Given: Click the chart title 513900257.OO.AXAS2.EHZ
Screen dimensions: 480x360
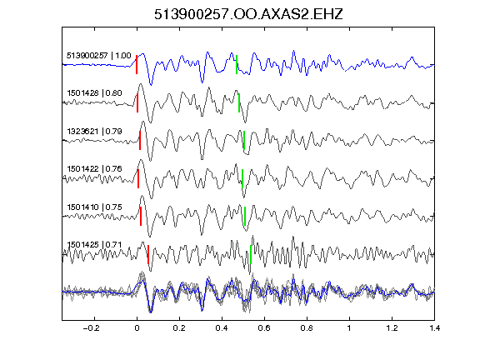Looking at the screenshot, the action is [248, 14].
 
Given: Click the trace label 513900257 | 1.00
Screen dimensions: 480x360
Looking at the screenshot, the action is [99, 55].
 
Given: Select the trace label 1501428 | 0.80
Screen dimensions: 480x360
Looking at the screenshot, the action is [95, 92].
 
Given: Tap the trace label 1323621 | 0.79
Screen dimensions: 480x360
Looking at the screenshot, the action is [95, 132].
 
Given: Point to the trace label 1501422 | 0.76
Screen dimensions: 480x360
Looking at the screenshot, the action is [95, 168].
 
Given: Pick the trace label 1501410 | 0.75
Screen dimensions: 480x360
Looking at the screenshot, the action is [95, 207].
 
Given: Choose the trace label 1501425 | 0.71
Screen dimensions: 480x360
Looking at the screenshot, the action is [95, 245].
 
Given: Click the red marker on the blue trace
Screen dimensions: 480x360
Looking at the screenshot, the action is [137, 64].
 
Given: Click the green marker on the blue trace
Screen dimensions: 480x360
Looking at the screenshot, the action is [237, 64].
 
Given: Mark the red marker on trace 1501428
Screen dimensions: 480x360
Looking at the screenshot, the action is [137, 102].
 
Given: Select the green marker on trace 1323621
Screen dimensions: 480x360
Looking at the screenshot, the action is [244, 140].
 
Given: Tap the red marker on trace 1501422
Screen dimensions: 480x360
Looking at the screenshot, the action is [138, 178].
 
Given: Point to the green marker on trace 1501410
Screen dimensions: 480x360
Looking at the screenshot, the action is [245, 216].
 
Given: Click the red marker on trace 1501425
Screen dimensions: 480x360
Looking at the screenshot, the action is [148, 254].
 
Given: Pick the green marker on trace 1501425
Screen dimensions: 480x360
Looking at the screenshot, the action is [251, 254].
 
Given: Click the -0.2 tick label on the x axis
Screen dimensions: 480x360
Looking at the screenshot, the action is [91, 328].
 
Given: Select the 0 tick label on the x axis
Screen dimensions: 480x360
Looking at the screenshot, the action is [137, 328].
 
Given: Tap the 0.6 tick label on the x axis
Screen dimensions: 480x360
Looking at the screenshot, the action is [264, 328].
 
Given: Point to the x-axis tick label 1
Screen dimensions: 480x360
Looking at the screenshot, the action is [349, 328].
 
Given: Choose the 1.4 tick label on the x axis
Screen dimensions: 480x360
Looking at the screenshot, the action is [434, 328].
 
